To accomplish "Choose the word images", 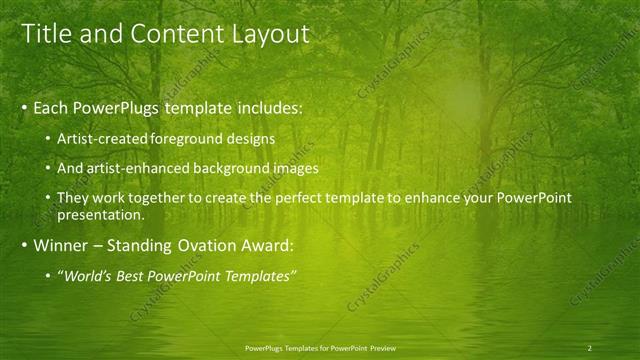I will click(x=297, y=168).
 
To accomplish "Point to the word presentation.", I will click(x=100, y=214).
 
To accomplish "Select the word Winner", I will click(x=63, y=245).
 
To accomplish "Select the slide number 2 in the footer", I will click(x=590, y=348).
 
